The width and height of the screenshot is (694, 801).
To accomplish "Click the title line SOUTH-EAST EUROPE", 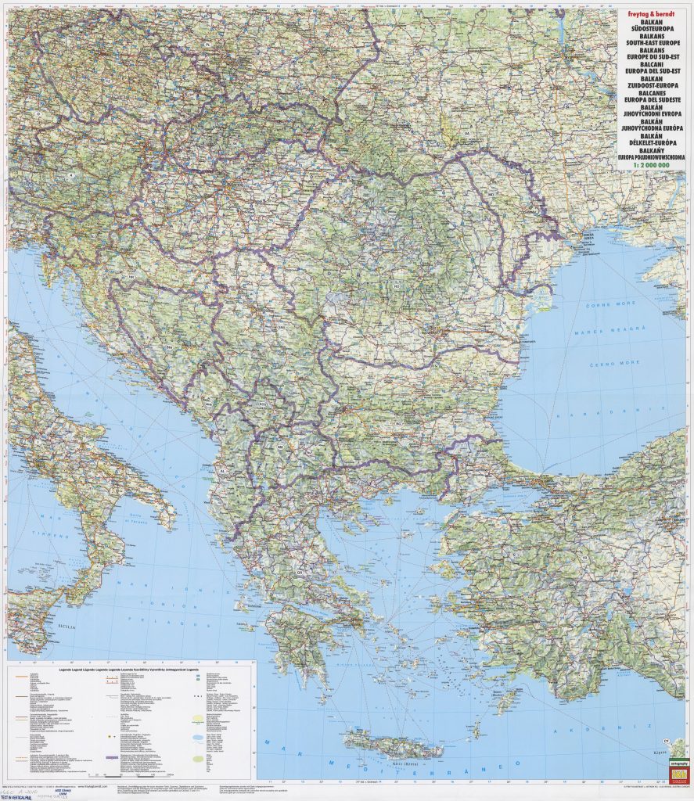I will point(649,44).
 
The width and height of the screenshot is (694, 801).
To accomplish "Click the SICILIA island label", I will point(69,627).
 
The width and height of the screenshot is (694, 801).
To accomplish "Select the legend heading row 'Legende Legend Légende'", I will point(133,672).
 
